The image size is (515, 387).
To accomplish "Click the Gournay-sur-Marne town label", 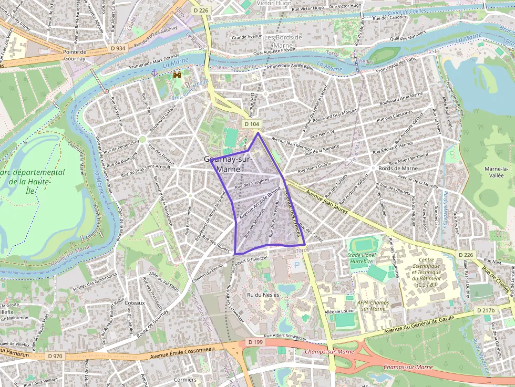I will coord(228,164).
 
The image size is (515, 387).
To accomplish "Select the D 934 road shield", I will coord(118,48).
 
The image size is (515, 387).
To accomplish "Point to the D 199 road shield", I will coord(255,342).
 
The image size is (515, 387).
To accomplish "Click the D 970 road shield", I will coord(55,355).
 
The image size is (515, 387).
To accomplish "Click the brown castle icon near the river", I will coord(177,76).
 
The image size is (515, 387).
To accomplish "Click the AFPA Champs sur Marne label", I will coord(373,305).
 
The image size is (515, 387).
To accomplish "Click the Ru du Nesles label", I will coord(263,295).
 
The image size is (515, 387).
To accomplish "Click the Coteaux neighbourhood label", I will coord(135,303).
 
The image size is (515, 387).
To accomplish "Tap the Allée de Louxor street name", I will coord(341,312).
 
